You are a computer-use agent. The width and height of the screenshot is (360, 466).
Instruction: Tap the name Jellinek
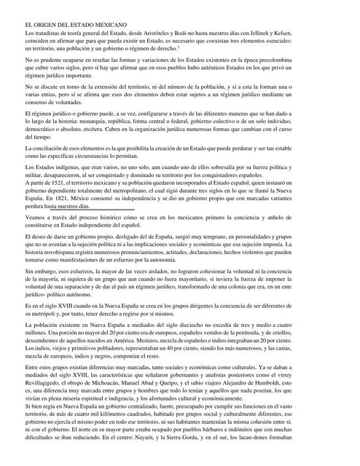coord(294,33)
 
